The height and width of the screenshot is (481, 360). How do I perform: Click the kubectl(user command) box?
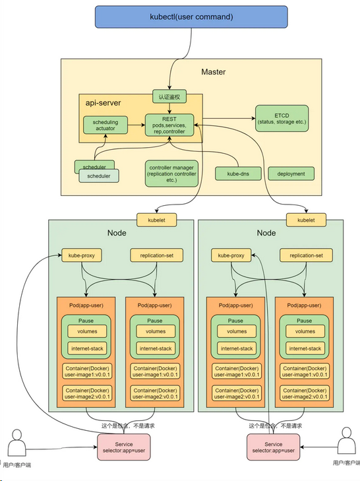[191, 17]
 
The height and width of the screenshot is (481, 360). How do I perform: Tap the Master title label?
[214, 72]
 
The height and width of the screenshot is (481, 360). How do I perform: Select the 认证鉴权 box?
[169, 97]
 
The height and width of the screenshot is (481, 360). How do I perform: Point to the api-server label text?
[103, 103]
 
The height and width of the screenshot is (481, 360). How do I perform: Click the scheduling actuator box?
[105, 125]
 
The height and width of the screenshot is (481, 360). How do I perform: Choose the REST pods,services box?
[169, 125]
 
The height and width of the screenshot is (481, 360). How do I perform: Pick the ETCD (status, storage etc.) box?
[282, 118]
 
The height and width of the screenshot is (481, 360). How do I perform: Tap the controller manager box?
[171, 174]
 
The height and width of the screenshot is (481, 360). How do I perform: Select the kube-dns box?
[238, 174]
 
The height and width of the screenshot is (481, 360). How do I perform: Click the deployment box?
[291, 174]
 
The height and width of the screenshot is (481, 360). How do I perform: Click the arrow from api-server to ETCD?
[229, 118]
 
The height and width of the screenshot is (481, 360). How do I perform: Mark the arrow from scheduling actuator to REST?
[136, 125]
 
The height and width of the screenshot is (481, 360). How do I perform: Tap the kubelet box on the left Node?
[157, 220]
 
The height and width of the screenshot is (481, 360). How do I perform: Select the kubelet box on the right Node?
[306, 220]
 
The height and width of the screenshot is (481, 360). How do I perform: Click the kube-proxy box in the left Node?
[82, 255]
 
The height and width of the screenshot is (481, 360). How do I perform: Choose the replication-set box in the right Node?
[306, 255]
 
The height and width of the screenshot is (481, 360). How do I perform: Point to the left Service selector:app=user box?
[124, 447]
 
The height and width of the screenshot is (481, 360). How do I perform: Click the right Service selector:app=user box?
[273, 447]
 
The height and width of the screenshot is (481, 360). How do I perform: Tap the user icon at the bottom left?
[17, 443]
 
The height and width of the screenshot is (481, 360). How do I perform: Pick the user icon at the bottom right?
[347, 441]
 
